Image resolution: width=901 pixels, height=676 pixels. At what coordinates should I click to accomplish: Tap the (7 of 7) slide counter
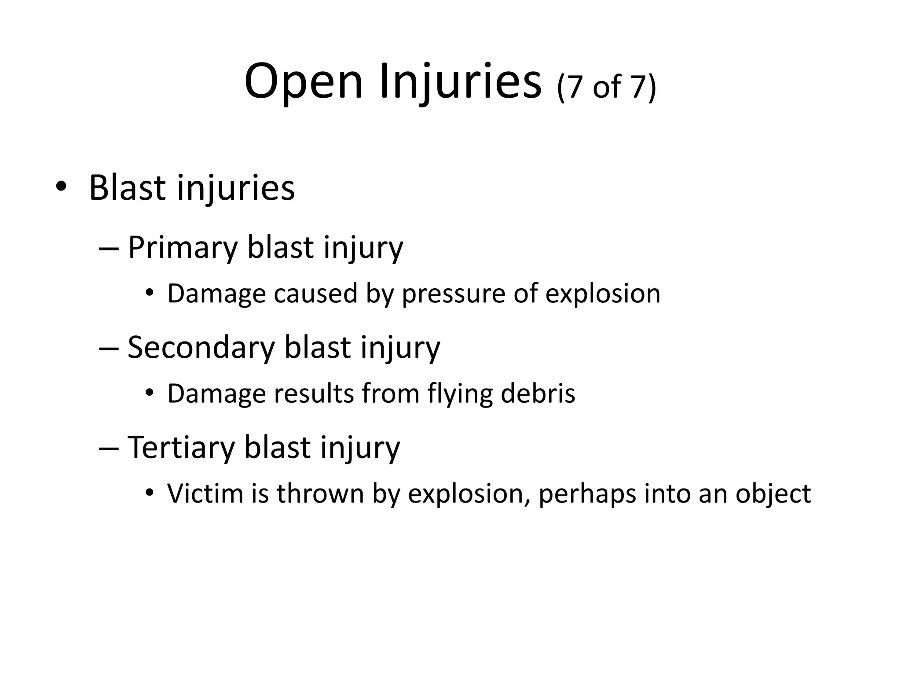point(606,87)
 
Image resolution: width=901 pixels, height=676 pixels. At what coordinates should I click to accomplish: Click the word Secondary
point(201,348)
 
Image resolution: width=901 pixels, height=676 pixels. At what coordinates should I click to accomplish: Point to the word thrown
point(320,493)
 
